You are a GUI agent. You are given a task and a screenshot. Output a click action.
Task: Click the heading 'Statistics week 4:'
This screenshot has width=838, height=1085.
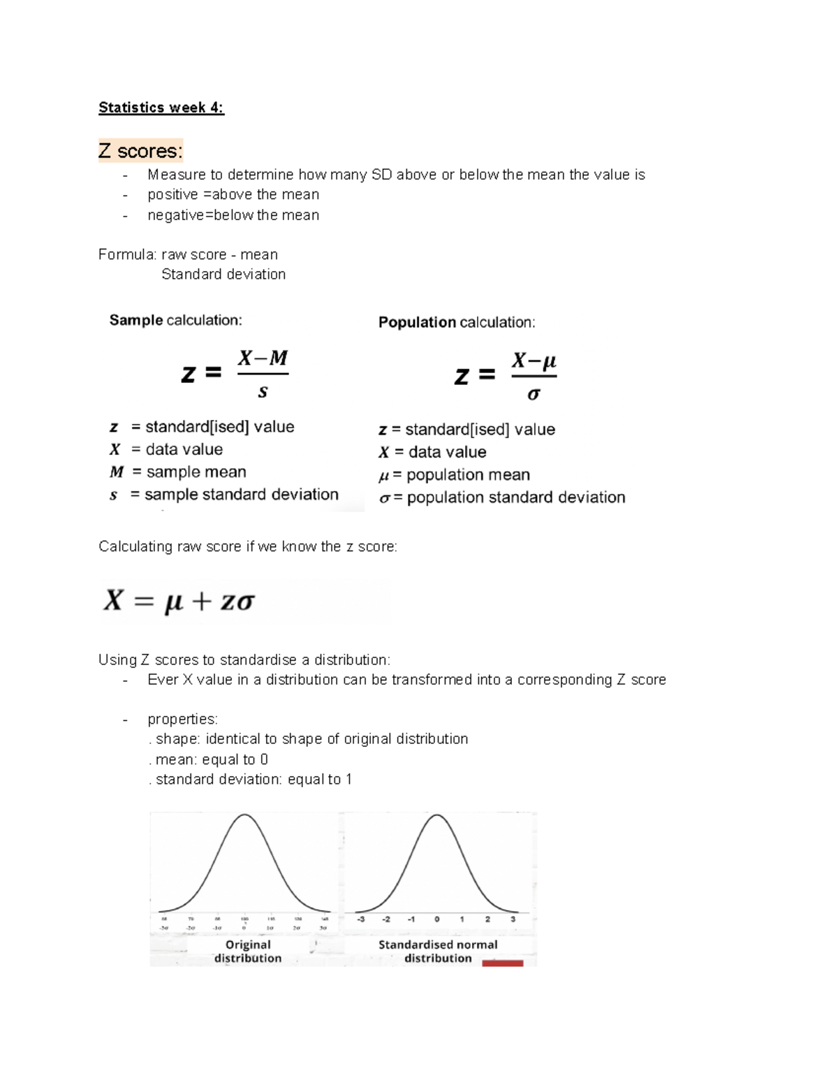click(161, 108)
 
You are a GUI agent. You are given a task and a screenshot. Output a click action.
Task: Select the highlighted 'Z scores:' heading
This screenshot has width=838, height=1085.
click(140, 151)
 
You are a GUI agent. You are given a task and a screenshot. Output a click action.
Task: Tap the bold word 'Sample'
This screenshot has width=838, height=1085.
click(136, 320)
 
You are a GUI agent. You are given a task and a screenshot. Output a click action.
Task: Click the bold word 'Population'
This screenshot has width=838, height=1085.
click(417, 322)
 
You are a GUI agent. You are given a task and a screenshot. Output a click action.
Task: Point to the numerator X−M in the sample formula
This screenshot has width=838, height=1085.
click(263, 358)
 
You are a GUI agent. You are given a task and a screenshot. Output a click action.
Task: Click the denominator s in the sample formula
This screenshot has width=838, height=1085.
click(263, 392)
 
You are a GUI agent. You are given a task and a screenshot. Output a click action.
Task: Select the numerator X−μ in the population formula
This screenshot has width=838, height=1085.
click(534, 361)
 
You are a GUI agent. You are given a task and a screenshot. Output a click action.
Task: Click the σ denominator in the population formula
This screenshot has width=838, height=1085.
click(534, 394)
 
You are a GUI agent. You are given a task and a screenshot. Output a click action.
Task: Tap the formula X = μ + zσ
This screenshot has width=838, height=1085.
click(179, 601)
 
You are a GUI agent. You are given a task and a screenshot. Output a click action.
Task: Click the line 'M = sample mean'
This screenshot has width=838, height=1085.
click(178, 472)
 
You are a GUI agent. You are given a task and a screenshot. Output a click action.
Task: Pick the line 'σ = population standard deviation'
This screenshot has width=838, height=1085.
click(501, 497)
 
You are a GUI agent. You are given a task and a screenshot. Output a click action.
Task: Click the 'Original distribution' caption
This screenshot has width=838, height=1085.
click(248, 951)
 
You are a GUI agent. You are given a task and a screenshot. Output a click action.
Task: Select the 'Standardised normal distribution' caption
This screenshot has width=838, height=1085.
click(438, 951)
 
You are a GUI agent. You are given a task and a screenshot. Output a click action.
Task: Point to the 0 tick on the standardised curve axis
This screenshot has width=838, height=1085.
click(436, 919)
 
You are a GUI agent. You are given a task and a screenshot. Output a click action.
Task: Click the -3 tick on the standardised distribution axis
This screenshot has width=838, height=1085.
click(360, 919)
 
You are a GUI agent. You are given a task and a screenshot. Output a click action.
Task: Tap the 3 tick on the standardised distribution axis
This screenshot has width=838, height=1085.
click(513, 919)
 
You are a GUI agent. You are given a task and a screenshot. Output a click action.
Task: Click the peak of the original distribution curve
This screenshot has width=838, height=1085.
click(244, 815)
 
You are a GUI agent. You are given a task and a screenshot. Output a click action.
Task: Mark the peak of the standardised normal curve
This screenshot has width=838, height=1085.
click(436, 815)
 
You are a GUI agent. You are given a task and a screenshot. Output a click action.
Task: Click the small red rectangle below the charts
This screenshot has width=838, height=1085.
click(502, 963)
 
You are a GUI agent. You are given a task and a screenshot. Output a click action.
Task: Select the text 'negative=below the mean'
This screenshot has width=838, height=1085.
click(233, 215)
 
